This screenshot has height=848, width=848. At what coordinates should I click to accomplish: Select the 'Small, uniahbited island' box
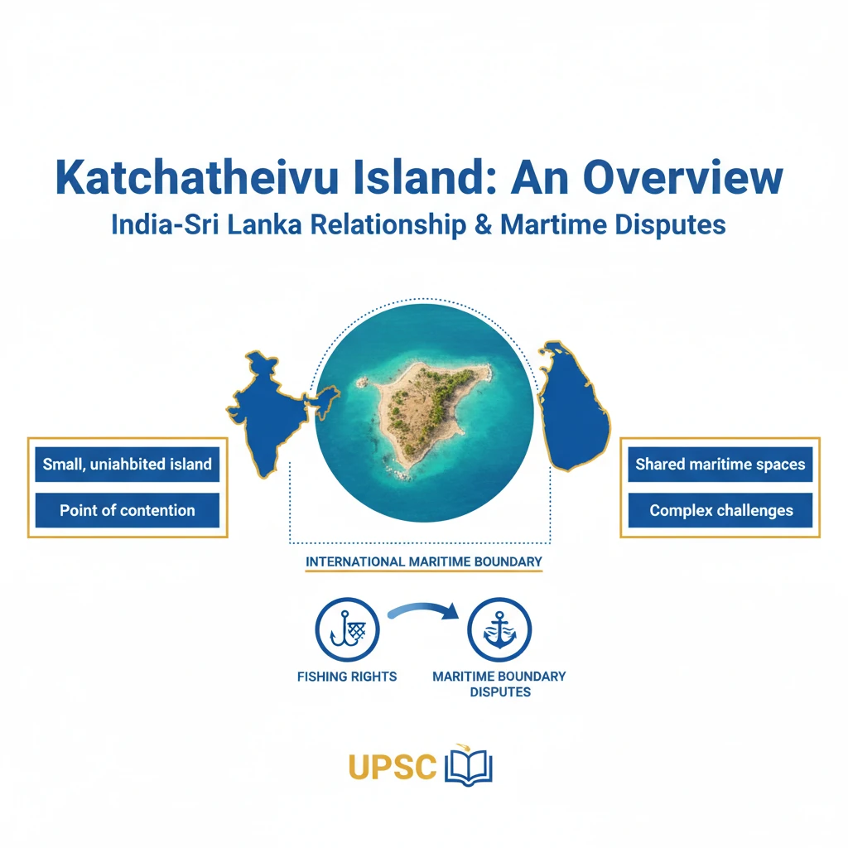tap(128, 465)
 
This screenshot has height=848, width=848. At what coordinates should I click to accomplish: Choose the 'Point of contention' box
tap(128, 510)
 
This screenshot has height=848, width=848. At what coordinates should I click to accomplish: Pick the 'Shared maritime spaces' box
tap(720, 465)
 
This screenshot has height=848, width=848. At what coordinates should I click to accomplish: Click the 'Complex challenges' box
tap(720, 510)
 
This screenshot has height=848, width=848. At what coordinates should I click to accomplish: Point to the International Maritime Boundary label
tap(424, 561)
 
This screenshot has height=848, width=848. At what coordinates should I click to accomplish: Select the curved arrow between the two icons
tap(422, 611)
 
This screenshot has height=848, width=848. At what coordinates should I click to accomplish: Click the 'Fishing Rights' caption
tap(347, 677)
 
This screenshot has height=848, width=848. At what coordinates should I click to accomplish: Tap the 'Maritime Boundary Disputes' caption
tap(499, 683)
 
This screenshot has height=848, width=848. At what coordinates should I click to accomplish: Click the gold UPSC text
tap(393, 766)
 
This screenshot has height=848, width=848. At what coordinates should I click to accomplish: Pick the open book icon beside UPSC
tap(469, 766)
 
